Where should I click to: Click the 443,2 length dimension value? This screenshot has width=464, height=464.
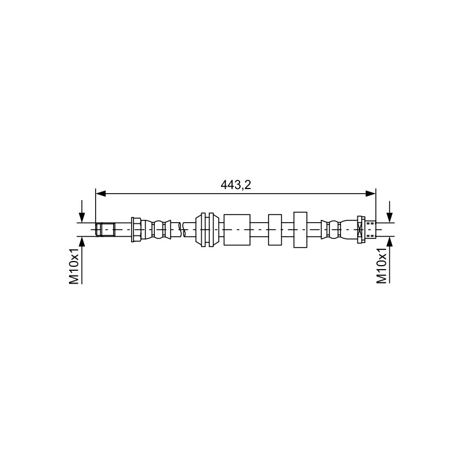coord(235,185)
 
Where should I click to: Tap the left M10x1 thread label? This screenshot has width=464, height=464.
coord(74,266)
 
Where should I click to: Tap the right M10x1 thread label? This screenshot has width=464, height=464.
coord(382,266)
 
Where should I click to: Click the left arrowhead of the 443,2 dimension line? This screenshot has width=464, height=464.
coord(101,194)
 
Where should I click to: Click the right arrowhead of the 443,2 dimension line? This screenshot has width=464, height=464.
coord(371,194)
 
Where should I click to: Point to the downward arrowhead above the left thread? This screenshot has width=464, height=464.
coord(82,218)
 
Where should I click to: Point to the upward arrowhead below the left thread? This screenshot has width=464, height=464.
coord(82,242)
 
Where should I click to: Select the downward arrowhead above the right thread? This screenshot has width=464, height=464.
coord(390,218)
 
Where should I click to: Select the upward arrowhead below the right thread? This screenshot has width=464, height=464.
coord(390,242)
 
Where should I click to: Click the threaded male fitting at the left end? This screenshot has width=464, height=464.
coord(106,230)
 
